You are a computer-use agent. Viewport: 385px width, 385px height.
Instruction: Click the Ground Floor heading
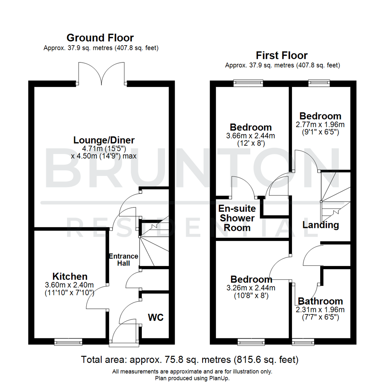(x=100, y=37)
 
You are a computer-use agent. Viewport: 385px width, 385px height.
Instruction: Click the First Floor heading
(x=282, y=55)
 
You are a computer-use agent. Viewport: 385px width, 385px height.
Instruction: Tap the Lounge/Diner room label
(x=104, y=140)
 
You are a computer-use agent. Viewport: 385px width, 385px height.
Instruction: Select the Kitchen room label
(x=70, y=276)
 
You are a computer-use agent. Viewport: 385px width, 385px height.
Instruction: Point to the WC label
(x=156, y=317)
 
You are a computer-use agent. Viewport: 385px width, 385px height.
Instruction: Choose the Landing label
(x=320, y=225)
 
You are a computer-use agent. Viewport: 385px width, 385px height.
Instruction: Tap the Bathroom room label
(x=320, y=301)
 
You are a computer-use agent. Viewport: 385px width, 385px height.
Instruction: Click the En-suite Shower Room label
(x=237, y=218)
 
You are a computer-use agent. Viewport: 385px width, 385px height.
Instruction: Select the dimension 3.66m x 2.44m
(x=251, y=136)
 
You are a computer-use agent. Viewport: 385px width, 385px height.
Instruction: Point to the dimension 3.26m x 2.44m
(x=251, y=288)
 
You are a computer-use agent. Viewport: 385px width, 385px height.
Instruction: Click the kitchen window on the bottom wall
(x=68, y=342)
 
